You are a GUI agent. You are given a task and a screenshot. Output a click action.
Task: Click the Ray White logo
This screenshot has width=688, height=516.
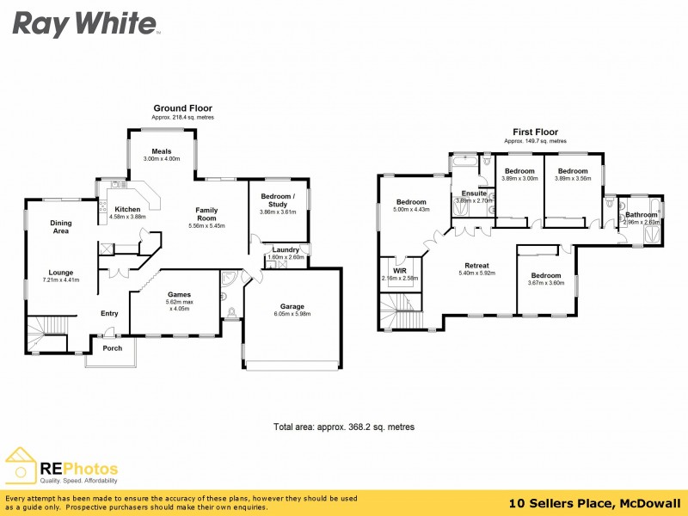pos(84,23)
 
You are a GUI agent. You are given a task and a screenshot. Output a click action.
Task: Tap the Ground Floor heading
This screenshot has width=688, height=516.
pos(182,108)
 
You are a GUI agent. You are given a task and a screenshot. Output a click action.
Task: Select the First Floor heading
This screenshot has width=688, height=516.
pos(535,132)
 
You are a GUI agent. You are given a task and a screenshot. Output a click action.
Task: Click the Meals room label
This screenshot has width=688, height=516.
pos(163,151)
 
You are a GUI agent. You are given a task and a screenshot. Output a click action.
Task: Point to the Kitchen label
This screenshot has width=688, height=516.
pos(127,209)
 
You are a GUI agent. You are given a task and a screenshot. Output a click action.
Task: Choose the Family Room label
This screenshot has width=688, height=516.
pos(206,214)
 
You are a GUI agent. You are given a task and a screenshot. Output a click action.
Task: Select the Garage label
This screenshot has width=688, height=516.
pos(292,306)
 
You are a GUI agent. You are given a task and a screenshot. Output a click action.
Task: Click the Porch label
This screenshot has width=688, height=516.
pos(112,348)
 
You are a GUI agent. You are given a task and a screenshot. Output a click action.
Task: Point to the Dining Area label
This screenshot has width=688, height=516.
pos(61,227)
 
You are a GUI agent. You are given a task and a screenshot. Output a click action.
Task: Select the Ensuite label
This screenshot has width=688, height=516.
pos(474,193)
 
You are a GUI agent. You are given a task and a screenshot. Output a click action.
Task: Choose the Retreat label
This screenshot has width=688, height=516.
pos(476,266)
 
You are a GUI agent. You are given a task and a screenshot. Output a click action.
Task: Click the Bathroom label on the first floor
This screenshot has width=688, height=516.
pos(641,214)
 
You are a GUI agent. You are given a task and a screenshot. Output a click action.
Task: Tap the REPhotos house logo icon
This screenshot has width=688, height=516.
pos(21,466)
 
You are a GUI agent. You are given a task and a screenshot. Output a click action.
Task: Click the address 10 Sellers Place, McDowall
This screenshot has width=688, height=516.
pos(594,503)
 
